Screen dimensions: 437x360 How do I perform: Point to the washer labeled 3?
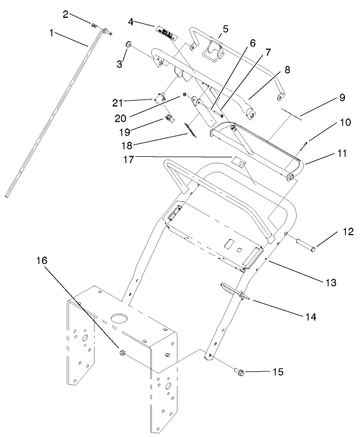[x=128, y=44]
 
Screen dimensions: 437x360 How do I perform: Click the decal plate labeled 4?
[x=166, y=32]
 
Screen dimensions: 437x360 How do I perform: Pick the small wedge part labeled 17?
[x=238, y=163]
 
